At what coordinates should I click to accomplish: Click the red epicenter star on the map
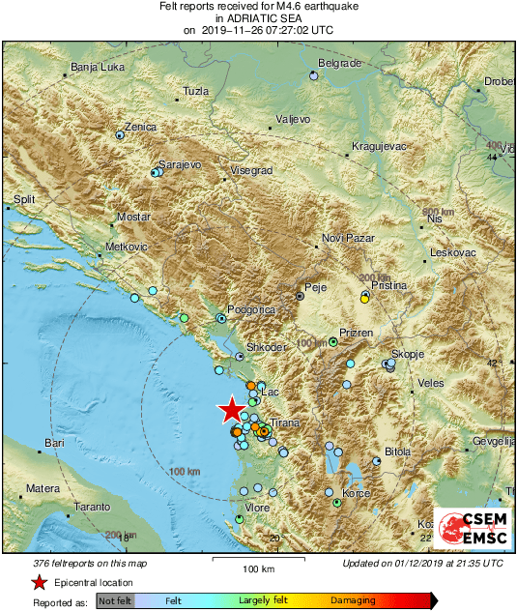[x=231, y=410]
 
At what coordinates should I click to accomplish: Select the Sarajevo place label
[x=179, y=165]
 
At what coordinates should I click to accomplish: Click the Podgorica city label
[x=253, y=309]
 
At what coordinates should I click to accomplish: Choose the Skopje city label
[x=408, y=355]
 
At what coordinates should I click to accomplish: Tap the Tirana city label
[x=286, y=424]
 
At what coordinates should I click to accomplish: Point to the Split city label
[x=24, y=200]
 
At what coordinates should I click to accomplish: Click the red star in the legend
[x=39, y=582]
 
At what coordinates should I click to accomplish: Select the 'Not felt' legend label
[x=115, y=601]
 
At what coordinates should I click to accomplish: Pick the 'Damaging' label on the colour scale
[x=352, y=601]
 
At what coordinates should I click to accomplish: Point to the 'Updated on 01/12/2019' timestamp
[x=422, y=563]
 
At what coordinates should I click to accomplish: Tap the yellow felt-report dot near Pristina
[x=363, y=300]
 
